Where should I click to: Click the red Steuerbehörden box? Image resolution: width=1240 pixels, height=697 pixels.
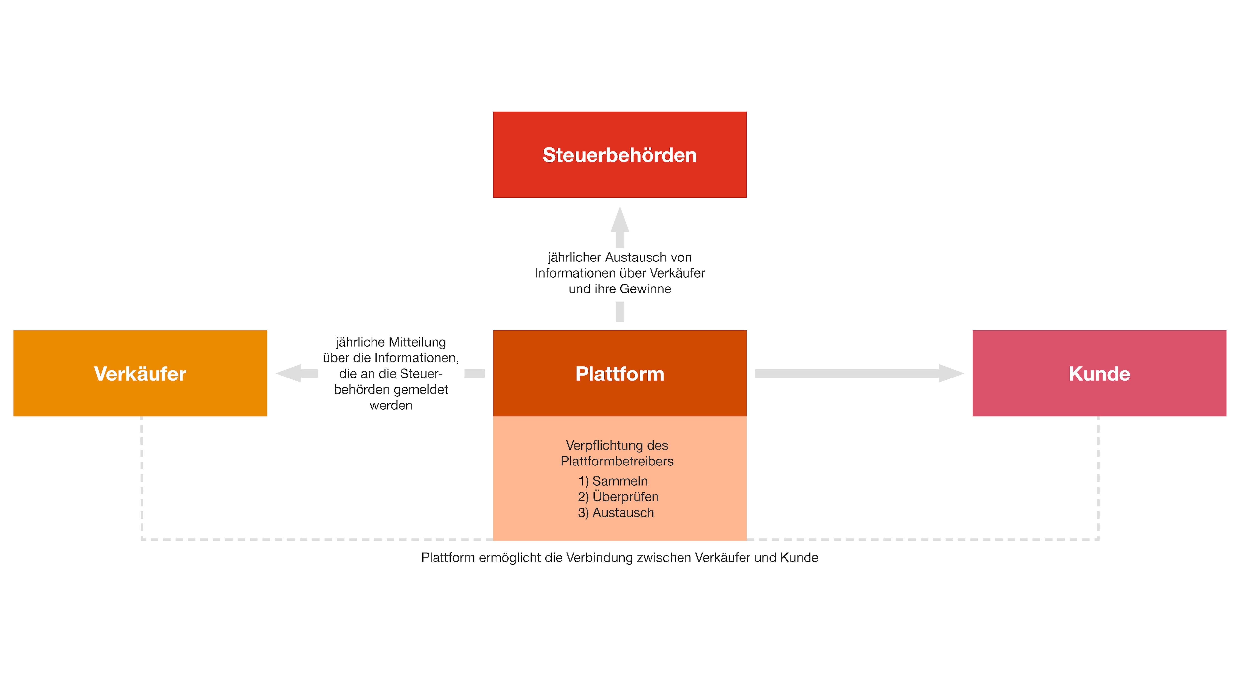[x=620, y=154]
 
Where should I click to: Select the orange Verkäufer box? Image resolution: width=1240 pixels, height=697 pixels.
[x=140, y=373]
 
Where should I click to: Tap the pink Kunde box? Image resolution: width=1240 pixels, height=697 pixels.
[x=1099, y=373]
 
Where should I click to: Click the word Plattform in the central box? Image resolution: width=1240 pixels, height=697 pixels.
[x=620, y=374]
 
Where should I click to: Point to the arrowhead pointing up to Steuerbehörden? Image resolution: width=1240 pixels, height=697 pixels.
[x=620, y=220]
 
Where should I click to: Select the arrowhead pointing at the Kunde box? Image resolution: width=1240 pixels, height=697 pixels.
[x=950, y=373]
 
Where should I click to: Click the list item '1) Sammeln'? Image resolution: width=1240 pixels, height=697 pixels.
[x=613, y=481]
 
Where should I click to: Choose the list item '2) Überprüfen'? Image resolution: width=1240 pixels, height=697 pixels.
[x=618, y=497]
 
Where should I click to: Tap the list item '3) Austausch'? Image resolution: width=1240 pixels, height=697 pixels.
[x=616, y=513]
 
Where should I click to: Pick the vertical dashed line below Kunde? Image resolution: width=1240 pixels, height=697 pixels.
[x=1098, y=476]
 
